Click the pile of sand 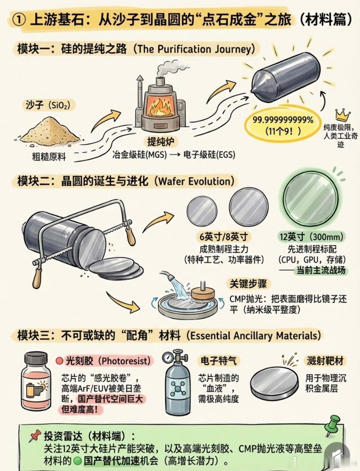tap(51, 131)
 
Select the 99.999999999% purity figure tap(283, 120)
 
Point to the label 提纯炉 tap(160, 141)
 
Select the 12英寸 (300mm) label tap(311, 237)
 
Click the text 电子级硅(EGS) tap(209, 155)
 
